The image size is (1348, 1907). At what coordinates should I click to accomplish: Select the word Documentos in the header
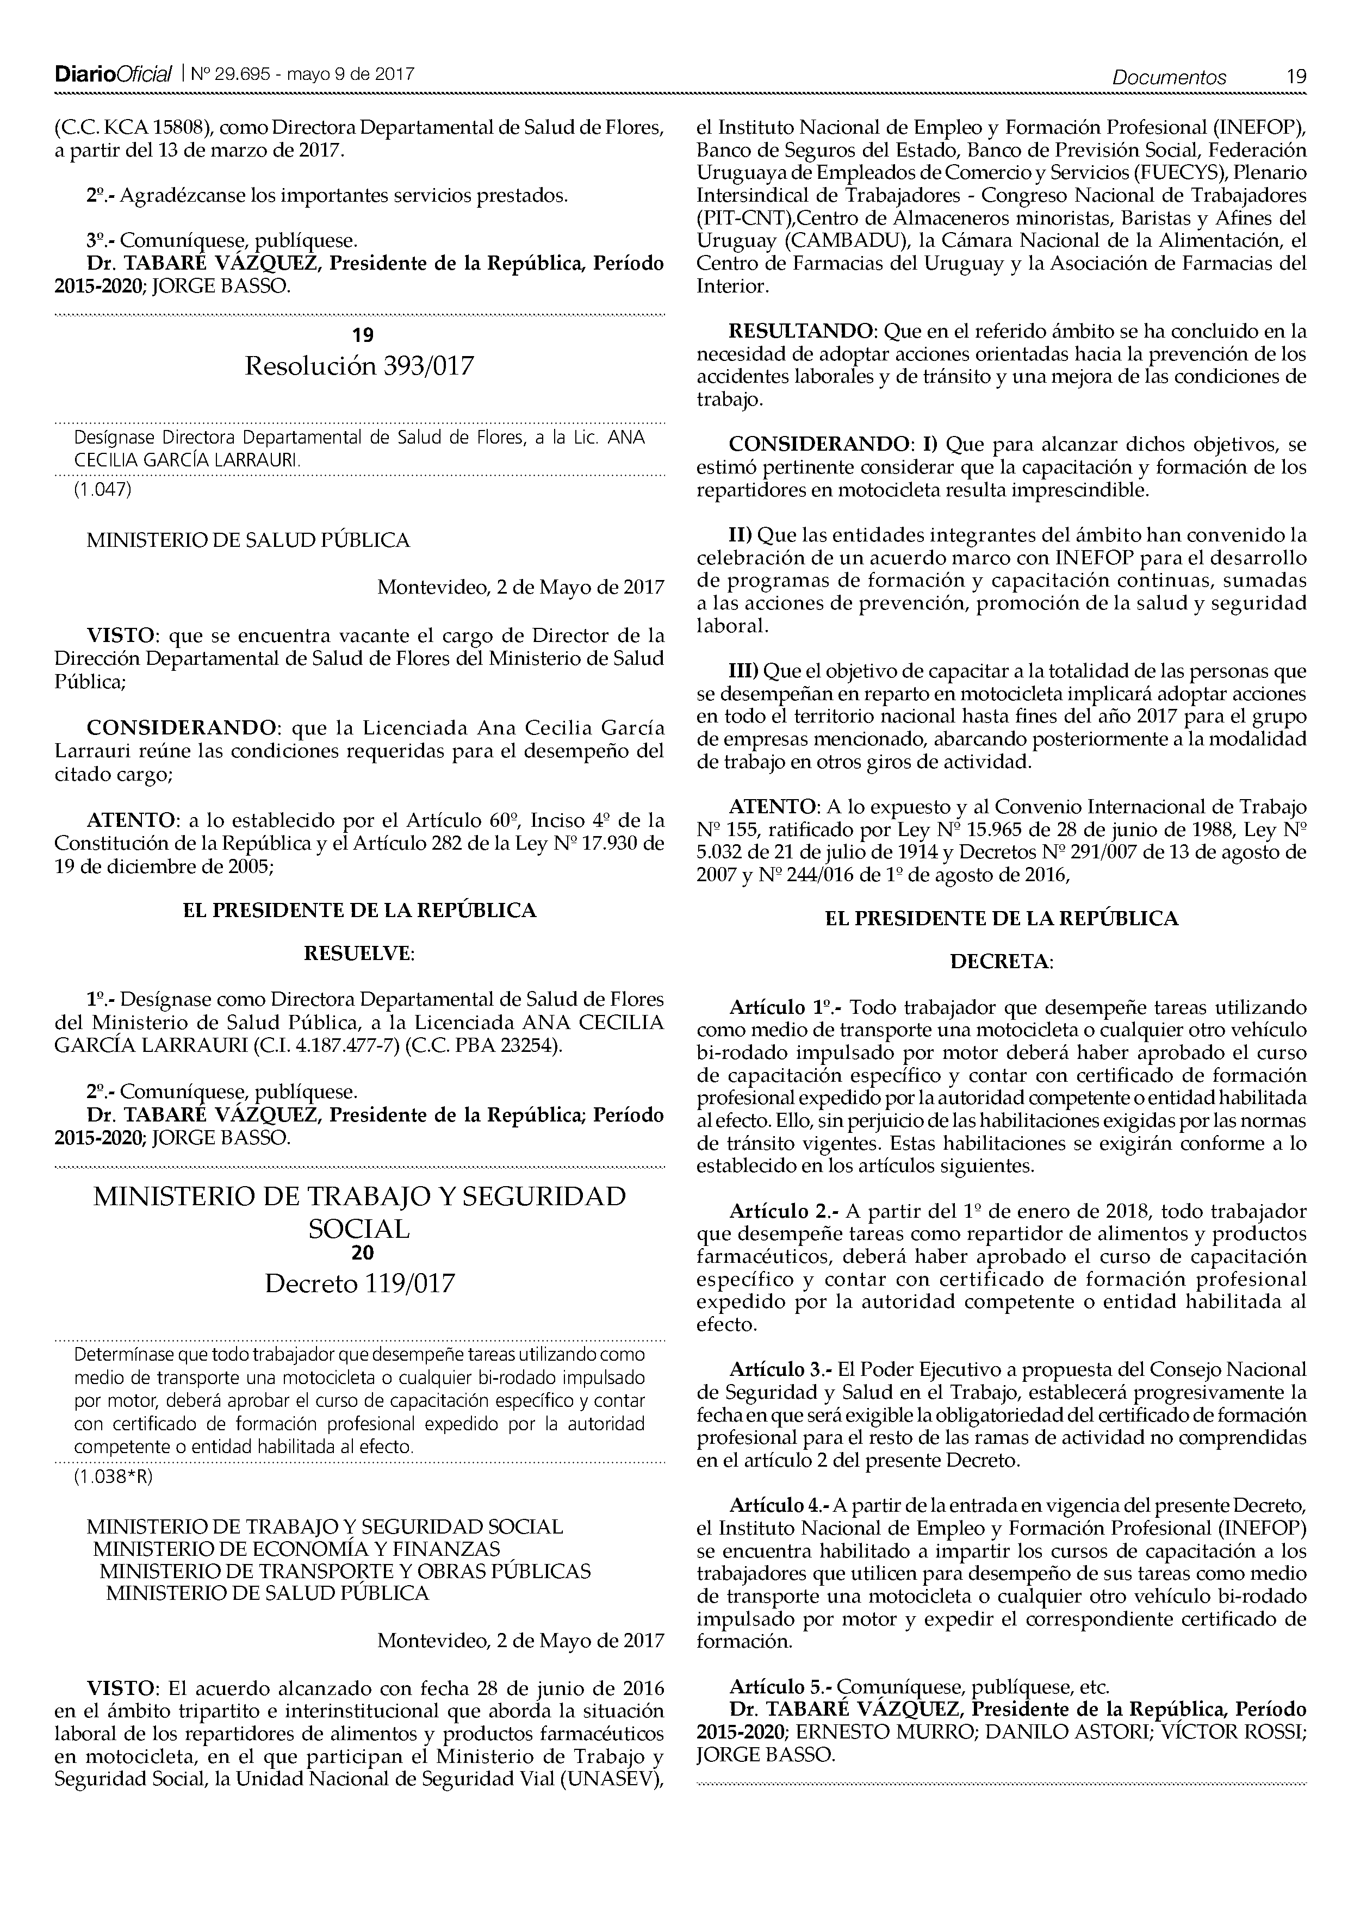(1169, 77)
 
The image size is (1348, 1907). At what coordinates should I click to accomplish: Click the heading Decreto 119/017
(359, 1284)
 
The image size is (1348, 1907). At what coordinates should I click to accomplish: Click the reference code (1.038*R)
(113, 1477)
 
